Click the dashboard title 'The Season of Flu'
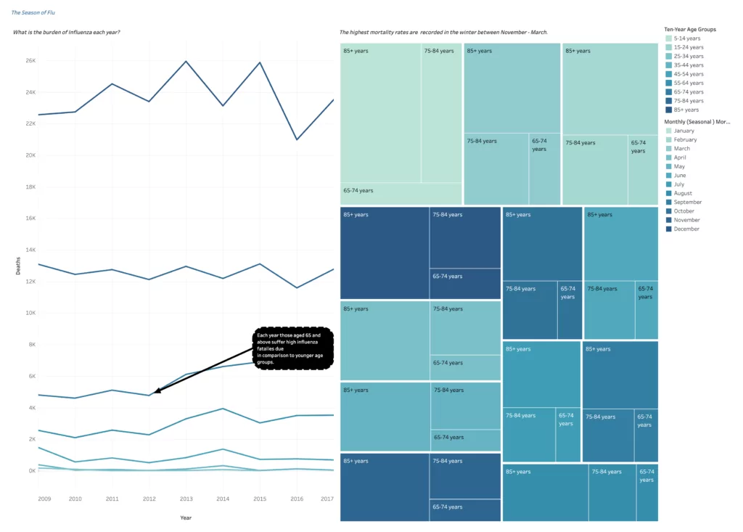click(33, 12)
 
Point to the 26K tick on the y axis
click(30, 60)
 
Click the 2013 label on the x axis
click(186, 499)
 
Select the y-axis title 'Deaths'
click(18, 266)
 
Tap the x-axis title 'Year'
click(186, 517)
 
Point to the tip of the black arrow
click(155, 393)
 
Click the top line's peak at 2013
click(186, 62)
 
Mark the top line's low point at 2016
click(297, 139)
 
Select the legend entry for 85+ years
click(684, 110)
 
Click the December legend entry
click(686, 229)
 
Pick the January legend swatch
click(669, 131)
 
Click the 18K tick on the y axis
click(30, 187)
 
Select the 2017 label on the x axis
click(327, 499)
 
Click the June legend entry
click(679, 175)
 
